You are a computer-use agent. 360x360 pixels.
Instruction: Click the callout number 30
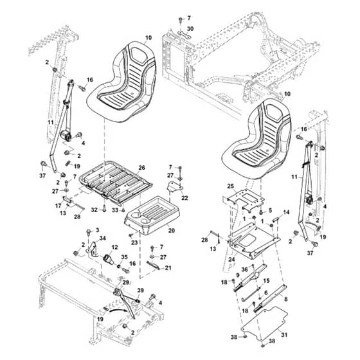coord(190,29)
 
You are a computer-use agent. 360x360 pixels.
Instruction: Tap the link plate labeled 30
coord(185,35)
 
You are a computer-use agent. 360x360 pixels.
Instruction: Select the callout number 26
coord(142,168)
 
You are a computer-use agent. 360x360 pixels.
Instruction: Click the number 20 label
coord(172,230)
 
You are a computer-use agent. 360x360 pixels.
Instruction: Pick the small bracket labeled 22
coord(174,186)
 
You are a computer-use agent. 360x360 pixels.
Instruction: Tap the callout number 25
coord(231,186)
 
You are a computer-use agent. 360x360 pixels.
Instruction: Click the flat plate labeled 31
coord(264,323)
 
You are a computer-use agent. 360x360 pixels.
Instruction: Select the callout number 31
coord(284,335)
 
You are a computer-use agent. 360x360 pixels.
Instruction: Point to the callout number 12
coord(114,247)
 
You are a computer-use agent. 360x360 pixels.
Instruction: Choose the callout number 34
coord(103,239)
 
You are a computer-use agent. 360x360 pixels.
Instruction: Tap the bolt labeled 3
coord(89,232)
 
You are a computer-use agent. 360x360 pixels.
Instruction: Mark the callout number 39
coord(141,291)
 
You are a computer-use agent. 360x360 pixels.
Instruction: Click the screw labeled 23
coord(131,235)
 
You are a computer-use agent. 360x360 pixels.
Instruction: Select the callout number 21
coord(168,268)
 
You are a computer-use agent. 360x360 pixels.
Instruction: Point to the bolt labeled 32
coord(105,209)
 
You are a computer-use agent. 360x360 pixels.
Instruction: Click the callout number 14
coord(286,212)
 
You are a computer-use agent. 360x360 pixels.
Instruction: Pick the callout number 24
coord(231,260)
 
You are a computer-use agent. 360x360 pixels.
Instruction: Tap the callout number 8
coord(285,299)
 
